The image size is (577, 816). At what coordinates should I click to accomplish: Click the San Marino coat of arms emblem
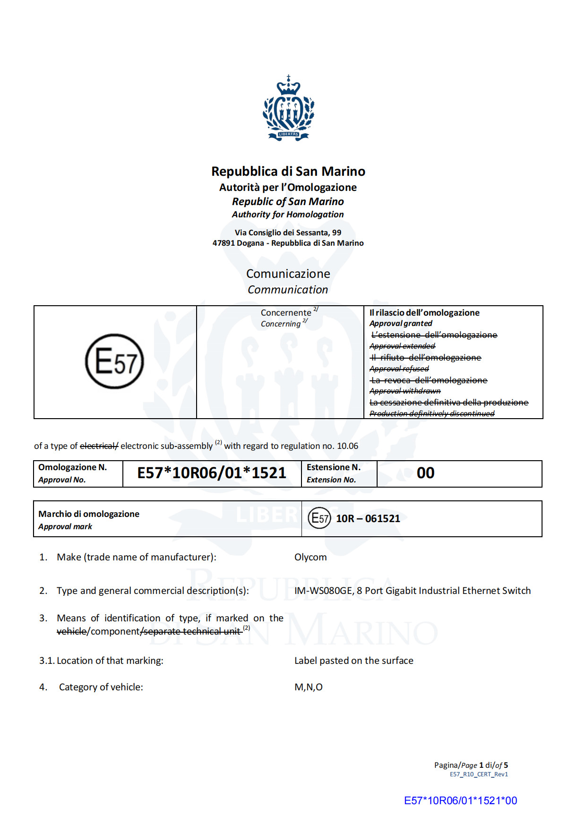tap(288, 108)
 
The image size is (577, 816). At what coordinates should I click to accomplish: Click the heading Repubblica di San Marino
tap(288, 171)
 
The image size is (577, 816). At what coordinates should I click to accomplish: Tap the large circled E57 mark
tap(114, 361)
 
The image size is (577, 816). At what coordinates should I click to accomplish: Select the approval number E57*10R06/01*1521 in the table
tap(212, 473)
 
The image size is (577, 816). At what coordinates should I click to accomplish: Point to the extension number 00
tap(425, 473)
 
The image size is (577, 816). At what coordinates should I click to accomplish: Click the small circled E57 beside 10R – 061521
tap(319, 518)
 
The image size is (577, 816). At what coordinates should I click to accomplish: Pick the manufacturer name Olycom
tap(310, 557)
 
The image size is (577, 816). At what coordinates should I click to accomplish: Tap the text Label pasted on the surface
tap(353, 661)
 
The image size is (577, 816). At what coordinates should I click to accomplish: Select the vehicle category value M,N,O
tap(309, 687)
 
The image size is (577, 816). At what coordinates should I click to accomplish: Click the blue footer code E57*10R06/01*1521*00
tap(460, 800)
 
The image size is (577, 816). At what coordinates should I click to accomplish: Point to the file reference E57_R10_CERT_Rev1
tap(479, 774)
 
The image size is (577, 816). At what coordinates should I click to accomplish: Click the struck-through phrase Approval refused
tap(399, 369)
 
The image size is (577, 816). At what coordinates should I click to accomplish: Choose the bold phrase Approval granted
tap(401, 323)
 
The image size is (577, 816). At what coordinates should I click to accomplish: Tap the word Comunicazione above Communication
tap(288, 274)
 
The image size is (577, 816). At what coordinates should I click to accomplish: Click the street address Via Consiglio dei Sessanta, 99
tap(288, 232)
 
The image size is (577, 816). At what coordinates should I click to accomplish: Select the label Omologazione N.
tap(73, 467)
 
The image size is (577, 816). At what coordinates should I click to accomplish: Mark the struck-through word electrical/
tap(99, 446)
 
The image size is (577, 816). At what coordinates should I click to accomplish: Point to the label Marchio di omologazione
tap(89, 514)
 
